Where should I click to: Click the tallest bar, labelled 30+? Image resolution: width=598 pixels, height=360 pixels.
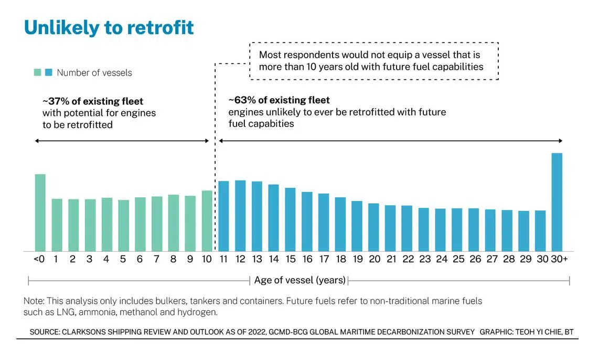click(x=557, y=202)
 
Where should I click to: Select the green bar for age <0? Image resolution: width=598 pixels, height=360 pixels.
click(x=40, y=213)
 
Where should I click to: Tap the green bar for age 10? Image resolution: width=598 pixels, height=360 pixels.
click(x=207, y=221)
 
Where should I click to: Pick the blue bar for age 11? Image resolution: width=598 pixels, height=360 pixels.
click(x=223, y=216)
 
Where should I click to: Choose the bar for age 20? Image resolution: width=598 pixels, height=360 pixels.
click(x=373, y=227)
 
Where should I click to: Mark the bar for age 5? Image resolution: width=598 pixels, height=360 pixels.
click(x=124, y=225)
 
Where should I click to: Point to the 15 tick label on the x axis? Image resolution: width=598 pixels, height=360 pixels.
click(x=291, y=259)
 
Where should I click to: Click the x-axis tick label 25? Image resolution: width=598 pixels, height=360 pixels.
click(x=458, y=259)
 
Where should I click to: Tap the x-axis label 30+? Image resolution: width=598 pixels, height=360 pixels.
click(x=560, y=259)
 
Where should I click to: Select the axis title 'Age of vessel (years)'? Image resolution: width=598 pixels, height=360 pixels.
click(x=300, y=280)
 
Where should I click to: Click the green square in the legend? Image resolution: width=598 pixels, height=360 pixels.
click(x=37, y=72)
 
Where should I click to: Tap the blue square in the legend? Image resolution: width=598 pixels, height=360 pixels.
click(x=48, y=72)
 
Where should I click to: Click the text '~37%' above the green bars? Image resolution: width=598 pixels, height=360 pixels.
click(x=56, y=101)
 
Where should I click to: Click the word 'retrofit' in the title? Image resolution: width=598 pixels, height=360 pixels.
click(x=160, y=27)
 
